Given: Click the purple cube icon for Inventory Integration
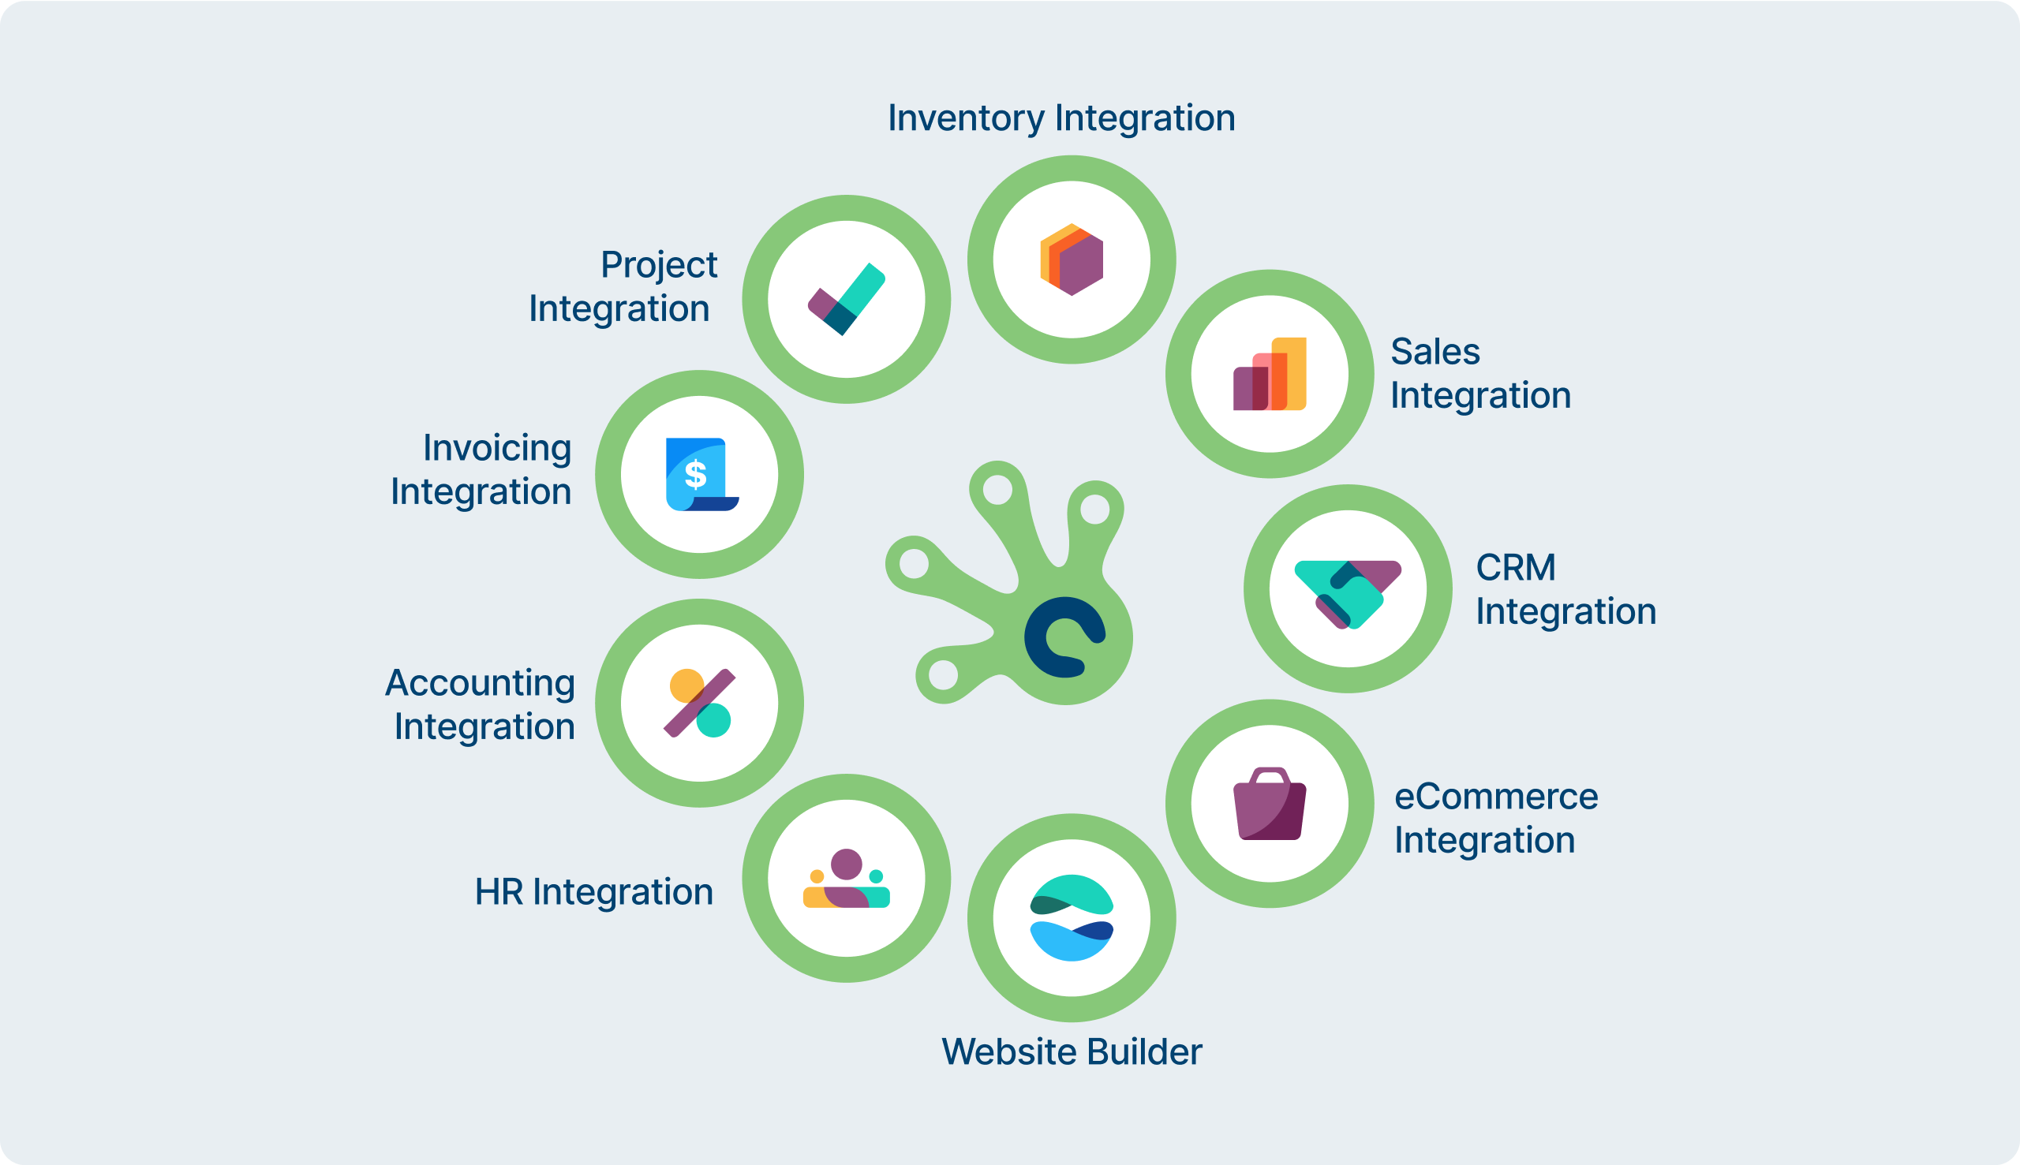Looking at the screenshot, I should [x=1072, y=260].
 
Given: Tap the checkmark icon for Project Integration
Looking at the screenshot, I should [x=847, y=299].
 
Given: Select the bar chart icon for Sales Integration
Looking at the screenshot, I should [x=1270, y=375].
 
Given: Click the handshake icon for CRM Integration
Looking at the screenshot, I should [x=1348, y=592].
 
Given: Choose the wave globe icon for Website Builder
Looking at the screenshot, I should [x=1072, y=919].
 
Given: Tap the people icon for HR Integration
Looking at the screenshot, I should [x=847, y=879].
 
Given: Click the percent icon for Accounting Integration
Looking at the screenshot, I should [x=699, y=704].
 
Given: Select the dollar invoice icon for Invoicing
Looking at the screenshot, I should [x=699, y=475].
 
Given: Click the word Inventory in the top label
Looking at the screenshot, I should [x=966, y=118].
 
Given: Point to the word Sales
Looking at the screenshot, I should [x=1435, y=352].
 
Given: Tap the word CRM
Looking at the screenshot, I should [x=1516, y=568].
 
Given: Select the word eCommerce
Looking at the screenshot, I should [x=1496, y=797].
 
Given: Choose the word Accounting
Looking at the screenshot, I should [x=481, y=683].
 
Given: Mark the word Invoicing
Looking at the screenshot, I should [x=497, y=448].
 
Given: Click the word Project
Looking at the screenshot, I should [x=659, y=265].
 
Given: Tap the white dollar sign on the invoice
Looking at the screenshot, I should [x=695, y=475].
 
